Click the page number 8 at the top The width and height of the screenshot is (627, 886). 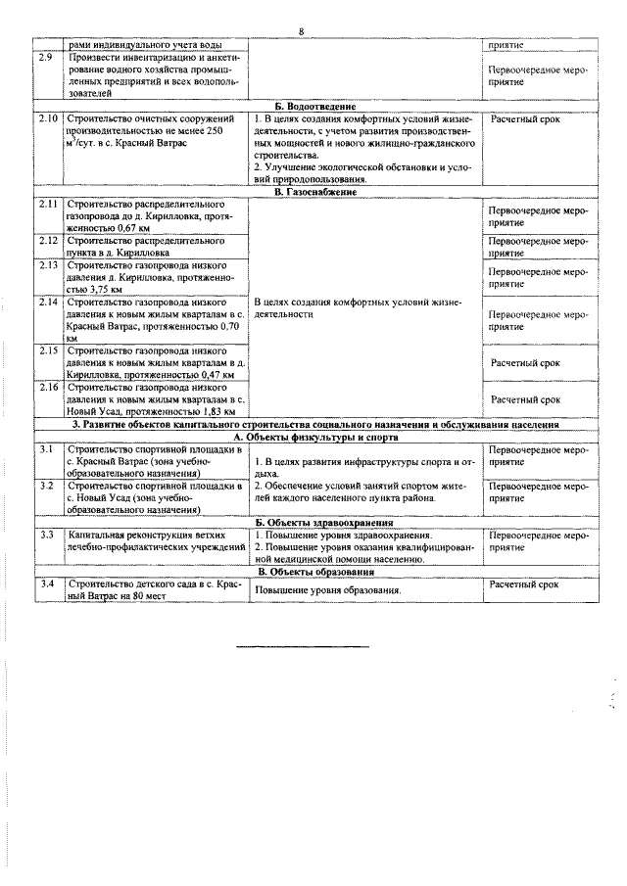[302, 32]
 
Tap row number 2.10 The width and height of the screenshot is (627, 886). [48, 118]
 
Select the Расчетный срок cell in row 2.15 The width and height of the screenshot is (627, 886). [525, 362]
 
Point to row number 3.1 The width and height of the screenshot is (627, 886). [45, 449]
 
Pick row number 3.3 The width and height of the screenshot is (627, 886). [45, 536]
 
